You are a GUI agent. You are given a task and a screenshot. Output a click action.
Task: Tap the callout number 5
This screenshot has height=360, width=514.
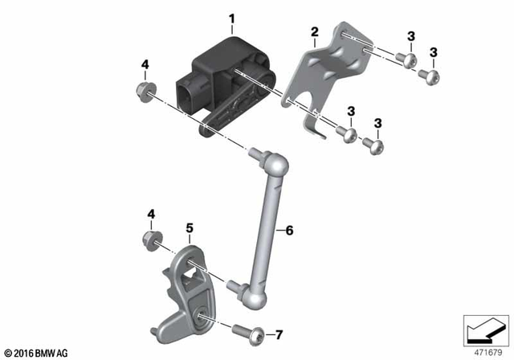pos(189,227)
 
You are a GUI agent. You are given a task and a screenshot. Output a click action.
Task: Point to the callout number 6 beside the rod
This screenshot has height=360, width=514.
pos(291,231)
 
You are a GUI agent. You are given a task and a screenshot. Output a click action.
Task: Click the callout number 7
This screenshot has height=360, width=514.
pos(279,333)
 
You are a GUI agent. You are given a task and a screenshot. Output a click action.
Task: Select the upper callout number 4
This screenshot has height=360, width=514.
pos(145,63)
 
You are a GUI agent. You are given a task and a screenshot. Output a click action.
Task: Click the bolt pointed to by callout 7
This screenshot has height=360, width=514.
pos(243,329)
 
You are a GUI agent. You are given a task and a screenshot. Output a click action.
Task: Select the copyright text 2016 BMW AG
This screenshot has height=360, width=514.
pos(38,351)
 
